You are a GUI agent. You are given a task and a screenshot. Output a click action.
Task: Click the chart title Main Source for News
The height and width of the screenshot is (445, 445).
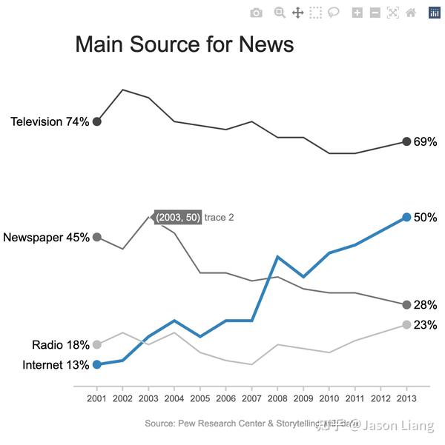click(x=184, y=44)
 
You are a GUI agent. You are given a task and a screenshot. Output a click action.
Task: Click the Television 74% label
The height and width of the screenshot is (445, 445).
click(x=50, y=121)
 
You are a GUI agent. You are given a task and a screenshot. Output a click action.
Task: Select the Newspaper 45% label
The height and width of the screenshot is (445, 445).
click(x=46, y=238)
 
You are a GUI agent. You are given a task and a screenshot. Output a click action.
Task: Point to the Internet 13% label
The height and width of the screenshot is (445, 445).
click(x=56, y=365)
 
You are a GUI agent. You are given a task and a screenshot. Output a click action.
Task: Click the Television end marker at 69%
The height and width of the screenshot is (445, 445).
click(x=406, y=141)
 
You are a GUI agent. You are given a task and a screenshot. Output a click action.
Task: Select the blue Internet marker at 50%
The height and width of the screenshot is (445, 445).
click(x=406, y=217)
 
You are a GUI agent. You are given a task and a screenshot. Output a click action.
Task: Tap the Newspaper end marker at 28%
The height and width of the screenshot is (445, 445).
click(x=406, y=305)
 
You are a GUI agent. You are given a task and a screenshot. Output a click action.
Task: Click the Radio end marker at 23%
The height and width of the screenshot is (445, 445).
click(x=406, y=325)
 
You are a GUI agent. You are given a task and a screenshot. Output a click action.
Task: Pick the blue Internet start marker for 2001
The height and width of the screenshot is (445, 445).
click(x=96, y=364)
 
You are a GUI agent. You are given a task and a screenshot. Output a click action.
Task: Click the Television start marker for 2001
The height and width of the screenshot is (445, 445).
click(x=96, y=121)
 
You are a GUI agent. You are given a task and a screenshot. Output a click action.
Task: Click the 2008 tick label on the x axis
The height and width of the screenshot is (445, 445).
click(x=277, y=400)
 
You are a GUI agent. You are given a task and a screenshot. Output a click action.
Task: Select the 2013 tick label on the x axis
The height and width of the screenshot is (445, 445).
click(x=406, y=400)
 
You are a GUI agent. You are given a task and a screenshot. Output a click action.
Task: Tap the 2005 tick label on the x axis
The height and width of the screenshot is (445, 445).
click(x=200, y=400)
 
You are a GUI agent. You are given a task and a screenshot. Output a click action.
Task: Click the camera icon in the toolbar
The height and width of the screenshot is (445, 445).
click(x=256, y=13)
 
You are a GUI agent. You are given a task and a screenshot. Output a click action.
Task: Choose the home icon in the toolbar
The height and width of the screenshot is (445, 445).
click(x=411, y=13)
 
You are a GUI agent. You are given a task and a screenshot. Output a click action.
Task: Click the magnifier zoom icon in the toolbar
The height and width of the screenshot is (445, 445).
click(x=280, y=13)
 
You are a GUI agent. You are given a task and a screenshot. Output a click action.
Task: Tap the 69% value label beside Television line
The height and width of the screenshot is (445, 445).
click(x=425, y=142)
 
